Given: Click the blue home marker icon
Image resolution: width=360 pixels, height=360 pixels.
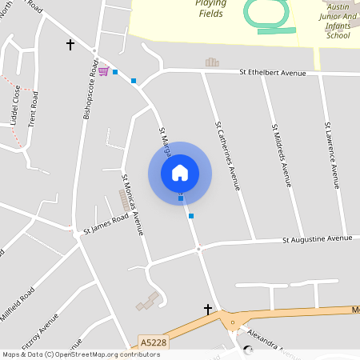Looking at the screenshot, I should pyautogui.click(x=180, y=173).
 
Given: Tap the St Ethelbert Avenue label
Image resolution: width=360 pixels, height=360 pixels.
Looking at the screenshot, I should pyautogui.click(x=273, y=73).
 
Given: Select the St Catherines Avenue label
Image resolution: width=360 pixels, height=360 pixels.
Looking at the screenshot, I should pyautogui.click(x=226, y=156).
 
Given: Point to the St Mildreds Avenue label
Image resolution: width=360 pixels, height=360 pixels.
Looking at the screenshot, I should pyautogui.click(x=281, y=155).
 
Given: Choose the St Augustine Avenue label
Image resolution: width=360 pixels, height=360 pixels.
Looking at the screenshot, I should pyautogui.click(x=318, y=238).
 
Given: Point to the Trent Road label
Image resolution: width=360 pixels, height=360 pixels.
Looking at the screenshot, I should pyautogui.click(x=34, y=110).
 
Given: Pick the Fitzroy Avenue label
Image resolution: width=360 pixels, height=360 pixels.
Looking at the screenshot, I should pyautogui.click(x=42, y=334).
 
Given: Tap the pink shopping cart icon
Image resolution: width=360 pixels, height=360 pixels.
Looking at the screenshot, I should pyautogui.click(x=103, y=70).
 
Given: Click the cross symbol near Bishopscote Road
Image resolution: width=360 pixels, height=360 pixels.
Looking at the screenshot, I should pyautogui.click(x=70, y=45).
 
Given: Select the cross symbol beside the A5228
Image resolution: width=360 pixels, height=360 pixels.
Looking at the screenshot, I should pyautogui.click(x=209, y=309).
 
